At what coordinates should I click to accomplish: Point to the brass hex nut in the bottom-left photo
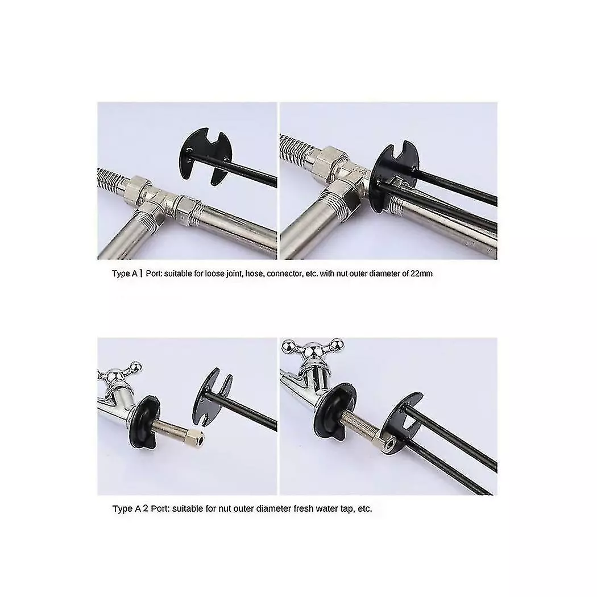click(196, 439)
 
